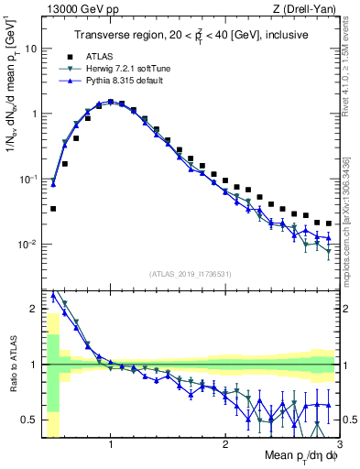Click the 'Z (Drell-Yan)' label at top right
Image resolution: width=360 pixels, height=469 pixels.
pyautogui.click(x=306, y=9)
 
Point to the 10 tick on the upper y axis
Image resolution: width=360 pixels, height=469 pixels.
pyautogui.click(x=31, y=49)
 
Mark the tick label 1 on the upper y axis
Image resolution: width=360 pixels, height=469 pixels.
pyautogui.click(x=34, y=115)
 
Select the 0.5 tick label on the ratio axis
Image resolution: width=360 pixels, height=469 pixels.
pyautogui.click(x=29, y=420)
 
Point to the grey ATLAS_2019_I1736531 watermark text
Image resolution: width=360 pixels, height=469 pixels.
pyautogui.click(x=191, y=274)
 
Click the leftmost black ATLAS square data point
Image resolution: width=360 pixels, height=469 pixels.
pyautogui.click(x=53, y=209)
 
